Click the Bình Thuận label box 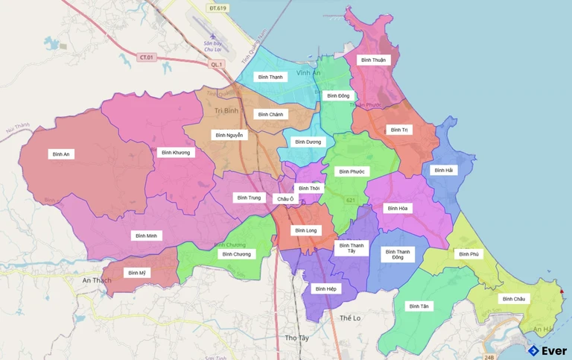[373, 60]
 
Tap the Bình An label [61, 154]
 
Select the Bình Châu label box [514, 299]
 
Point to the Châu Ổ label [286, 199]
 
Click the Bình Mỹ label [137, 273]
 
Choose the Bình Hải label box [443, 170]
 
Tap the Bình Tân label [419, 306]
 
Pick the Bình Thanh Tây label [352, 247]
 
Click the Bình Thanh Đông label [398, 255]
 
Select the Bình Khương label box [176, 153]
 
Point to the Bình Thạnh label [271, 77]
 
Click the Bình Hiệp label [326, 288]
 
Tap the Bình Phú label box [468, 254]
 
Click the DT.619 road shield [217, 7]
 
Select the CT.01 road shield [146, 57]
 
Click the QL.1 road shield [217, 64]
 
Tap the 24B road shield [489, 347]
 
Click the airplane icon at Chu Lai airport [214, 35]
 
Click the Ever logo [547, 350]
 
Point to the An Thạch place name [97, 280]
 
